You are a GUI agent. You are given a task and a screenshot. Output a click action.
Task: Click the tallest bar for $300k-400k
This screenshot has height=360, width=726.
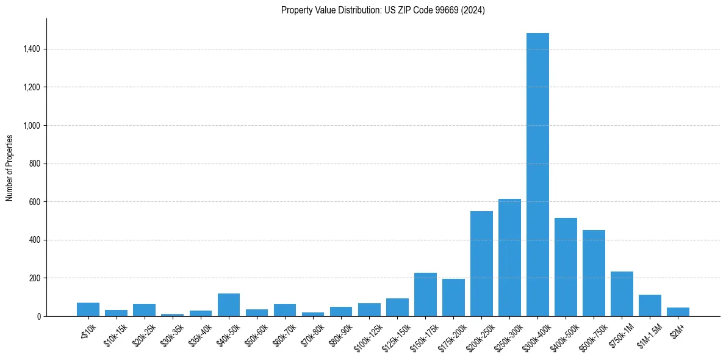tap(537, 175)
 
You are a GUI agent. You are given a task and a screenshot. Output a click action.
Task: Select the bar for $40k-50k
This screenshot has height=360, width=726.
tap(229, 305)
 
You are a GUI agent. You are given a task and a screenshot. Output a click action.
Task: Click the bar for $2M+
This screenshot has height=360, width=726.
tap(678, 312)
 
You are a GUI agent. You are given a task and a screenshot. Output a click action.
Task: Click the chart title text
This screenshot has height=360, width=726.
tap(383, 10)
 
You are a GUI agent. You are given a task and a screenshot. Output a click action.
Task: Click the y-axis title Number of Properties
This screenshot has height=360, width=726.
tap(10, 167)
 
